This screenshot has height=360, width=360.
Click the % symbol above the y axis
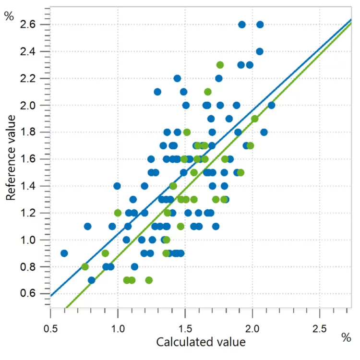point(9,16)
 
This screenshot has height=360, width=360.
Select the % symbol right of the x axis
point(346,337)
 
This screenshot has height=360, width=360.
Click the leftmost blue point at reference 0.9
point(64,253)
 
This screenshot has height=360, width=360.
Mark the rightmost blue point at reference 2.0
point(271,105)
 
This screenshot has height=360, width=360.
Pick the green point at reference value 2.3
point(220,65)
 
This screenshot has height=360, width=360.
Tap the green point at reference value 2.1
point(208,92)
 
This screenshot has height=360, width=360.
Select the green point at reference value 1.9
point(254,119)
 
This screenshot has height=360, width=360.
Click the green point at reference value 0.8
point(85,266)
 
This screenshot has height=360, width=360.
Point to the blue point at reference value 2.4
point(260,51)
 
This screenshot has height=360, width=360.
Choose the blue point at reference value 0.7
point(91,280)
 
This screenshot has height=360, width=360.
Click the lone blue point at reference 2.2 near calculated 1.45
point(177,78)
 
